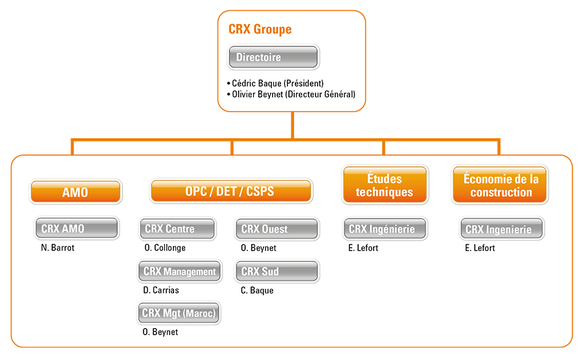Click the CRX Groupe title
(260, 29)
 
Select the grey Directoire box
(273, 57)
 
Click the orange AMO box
(76, 192)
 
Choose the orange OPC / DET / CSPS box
(231, 191)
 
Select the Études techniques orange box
(385, 185)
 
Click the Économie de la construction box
(500, 185)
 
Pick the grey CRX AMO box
(77, 228)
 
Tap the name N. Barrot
(57, 248)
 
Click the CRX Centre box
(177, 228)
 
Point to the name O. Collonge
(165, 248)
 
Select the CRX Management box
(179, 271)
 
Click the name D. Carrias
(161, 290)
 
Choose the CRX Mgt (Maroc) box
(179, 313)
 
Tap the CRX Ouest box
(277, 229)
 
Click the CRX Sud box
(277, 271)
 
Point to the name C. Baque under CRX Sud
(257, 290)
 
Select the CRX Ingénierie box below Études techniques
(385, 229)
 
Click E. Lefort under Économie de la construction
(479, 248)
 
